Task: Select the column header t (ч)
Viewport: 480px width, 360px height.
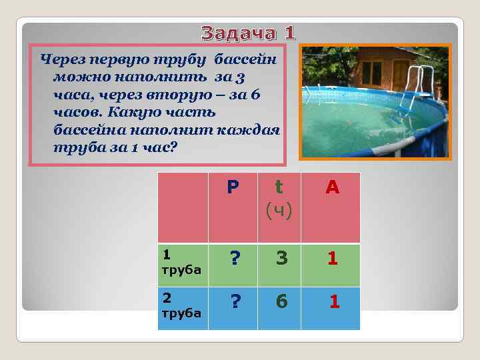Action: coord(278,199)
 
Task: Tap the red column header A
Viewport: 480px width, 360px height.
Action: coord(332,188)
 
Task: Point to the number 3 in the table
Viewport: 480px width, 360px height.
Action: coord(282,259)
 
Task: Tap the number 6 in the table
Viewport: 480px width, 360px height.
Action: coord(282,303)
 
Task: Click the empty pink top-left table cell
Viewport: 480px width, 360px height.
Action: coord(182,207)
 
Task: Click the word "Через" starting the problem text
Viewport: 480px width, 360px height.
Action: coord(61,60)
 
